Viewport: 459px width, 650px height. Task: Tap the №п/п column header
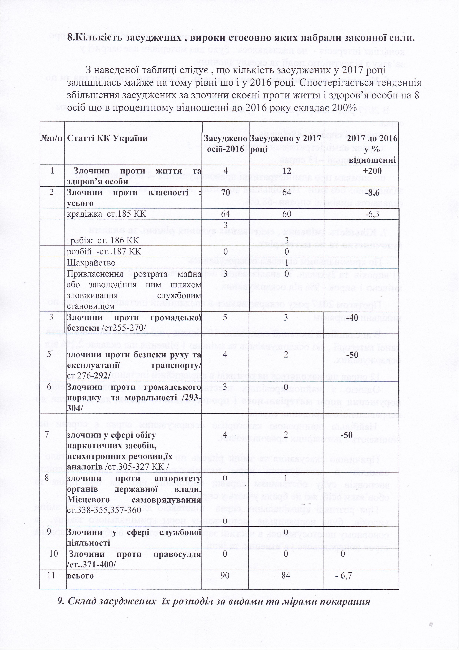tap(52, 138)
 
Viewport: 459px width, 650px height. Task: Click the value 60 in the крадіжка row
tap(287, 214)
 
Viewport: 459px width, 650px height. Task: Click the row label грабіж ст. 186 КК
tap(103, 241)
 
